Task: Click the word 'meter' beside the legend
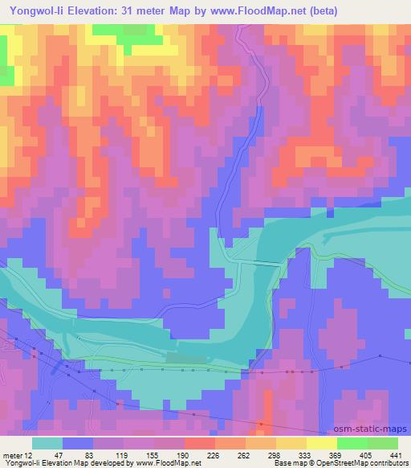pos(14,454)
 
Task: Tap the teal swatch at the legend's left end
pos(47,443)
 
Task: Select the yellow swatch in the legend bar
pos(321,443)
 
